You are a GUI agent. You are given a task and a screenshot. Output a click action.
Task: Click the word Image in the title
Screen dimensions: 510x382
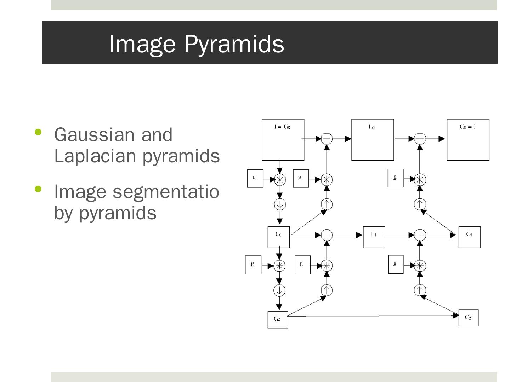(142, 44)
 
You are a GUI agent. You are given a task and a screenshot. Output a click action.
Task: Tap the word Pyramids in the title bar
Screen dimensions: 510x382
(234, 44)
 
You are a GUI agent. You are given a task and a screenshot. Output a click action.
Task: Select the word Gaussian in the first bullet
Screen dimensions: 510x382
(94, 135)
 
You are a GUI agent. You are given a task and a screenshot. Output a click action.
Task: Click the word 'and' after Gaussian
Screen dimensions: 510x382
(157, 135)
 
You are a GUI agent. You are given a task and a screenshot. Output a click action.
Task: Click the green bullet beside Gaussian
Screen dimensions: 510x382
(38, 132)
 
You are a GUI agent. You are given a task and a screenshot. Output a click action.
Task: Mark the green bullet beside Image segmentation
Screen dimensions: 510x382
(38, 189)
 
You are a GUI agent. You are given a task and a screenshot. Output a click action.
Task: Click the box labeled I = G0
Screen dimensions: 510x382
(283, 140)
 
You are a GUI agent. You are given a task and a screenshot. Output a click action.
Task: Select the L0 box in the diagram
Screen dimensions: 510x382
(372, 140)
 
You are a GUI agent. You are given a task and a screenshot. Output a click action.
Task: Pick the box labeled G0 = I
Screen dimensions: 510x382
(468, 140)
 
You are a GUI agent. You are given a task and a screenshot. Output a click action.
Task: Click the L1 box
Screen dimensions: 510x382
(374, 237)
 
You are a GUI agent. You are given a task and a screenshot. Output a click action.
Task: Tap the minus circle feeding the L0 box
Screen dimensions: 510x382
(327, 139)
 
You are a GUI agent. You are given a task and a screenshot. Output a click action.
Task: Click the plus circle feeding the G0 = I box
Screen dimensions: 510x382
(420, 139)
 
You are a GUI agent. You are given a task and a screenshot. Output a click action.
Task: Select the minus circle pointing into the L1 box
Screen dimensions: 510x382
(327, 235)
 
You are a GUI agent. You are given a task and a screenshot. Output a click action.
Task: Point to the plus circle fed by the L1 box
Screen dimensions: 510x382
(420, 235)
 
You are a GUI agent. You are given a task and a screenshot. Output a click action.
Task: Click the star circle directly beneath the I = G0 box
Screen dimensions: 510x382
(280, 180)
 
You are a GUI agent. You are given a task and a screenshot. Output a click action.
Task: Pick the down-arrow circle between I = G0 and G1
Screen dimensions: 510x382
(280, 204)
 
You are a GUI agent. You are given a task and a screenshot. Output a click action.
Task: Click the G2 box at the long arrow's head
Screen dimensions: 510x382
(468, 318)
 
